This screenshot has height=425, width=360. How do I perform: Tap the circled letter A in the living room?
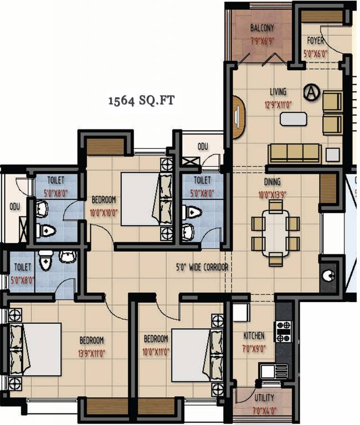click(312, 92)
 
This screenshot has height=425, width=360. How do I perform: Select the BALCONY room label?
click(262, 28)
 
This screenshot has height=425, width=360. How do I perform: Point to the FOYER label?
click(316, 41)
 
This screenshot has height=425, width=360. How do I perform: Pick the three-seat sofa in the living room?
click(294, 153)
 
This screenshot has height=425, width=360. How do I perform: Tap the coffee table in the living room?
click(293, 118)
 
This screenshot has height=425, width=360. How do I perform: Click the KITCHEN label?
click(254, 336)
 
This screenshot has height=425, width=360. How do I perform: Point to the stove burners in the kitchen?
click(283, 331)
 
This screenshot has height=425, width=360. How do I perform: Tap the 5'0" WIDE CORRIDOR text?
click(200, 267)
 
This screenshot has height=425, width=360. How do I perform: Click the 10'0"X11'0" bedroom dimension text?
click(156, 351)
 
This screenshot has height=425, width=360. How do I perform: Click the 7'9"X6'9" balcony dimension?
click(262, 40)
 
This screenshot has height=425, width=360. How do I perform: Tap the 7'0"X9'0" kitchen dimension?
click(254, 349)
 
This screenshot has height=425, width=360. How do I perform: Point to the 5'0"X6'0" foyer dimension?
click(316, 54)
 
